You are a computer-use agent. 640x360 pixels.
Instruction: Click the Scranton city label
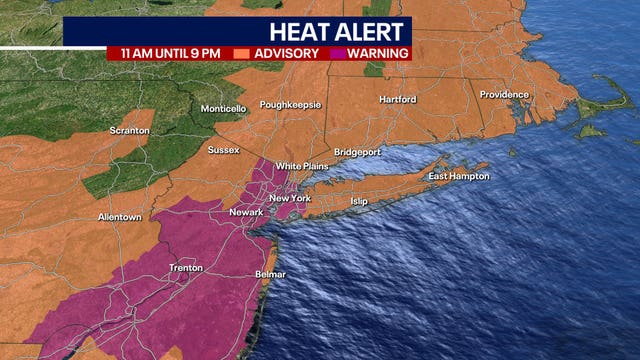(130, 130)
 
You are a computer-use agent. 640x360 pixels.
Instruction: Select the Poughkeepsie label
(291, 104)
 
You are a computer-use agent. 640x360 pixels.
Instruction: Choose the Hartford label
(397, 99)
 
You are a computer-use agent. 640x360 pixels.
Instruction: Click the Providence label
(503, 95)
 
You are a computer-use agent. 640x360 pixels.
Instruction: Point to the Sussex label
(224, 151)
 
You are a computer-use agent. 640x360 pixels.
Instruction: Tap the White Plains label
(302, 165)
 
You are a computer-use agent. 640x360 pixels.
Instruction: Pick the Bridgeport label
(358, 152)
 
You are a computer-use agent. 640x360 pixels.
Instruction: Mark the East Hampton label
(459, 177)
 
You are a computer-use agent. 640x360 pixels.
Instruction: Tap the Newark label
(246, 212)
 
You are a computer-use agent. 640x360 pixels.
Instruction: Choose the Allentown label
(120, 217)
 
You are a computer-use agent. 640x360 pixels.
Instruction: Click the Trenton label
(186, 268)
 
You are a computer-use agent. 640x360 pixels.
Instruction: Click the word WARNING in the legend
(377, 53)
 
